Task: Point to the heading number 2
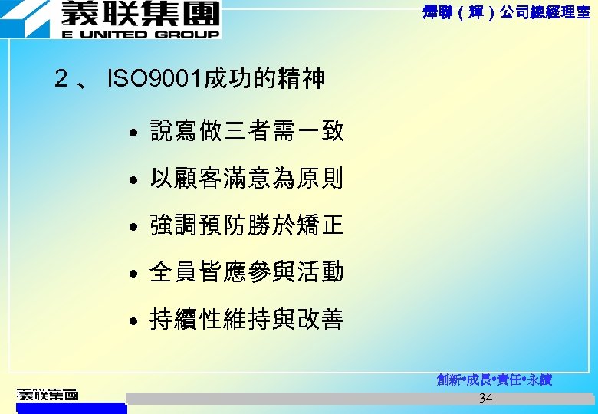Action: (x=61, y=78)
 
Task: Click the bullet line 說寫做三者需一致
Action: (x=247, y=131)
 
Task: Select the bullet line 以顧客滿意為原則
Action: (x=247, y=179)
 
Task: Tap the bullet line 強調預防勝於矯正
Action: (x=247, y=225)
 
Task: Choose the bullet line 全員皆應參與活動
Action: (x=247, y=271)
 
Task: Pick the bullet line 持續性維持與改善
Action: (x=247, y=319)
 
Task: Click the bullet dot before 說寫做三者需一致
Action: (x=133, y=133)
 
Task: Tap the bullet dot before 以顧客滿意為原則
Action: (x=133, y=181)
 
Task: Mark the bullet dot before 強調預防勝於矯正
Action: (x=133, y=228)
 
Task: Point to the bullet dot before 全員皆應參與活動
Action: (x=133, y=274)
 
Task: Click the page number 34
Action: (x=485, y=398)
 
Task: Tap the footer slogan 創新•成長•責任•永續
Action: (x=494, y=380)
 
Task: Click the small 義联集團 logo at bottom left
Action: (x=48, y=395)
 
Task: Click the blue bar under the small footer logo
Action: (x=71, y=408)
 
